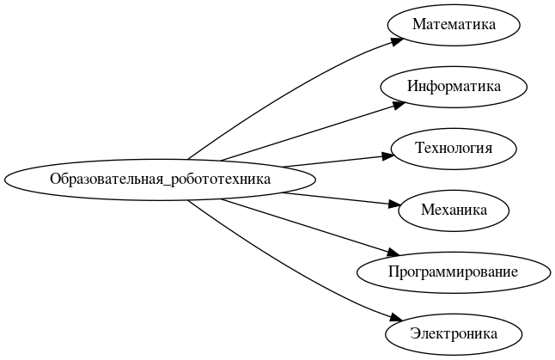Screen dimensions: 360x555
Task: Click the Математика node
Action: [x=454, y=24]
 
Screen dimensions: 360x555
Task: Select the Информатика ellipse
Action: [x=454, y=86]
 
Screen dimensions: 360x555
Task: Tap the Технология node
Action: [x=454, y=148]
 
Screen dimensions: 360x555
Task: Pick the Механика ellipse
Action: [x=454, y=210]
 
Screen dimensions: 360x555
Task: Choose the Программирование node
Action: [x=453, y=272]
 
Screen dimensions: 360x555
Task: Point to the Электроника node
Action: [x=454, y=333]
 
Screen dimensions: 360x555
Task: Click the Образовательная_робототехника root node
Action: [x=160, y=180]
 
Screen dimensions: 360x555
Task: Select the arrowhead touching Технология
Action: [x=386, y=156]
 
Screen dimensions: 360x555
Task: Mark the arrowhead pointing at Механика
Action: [x=393, y=204]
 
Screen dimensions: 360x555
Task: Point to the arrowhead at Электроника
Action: [x=396, y=318]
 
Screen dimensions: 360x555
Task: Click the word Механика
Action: [x=454, y=210]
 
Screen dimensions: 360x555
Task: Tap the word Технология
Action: [x=454, y=148]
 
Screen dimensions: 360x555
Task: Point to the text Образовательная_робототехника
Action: [x=160, y=180]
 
